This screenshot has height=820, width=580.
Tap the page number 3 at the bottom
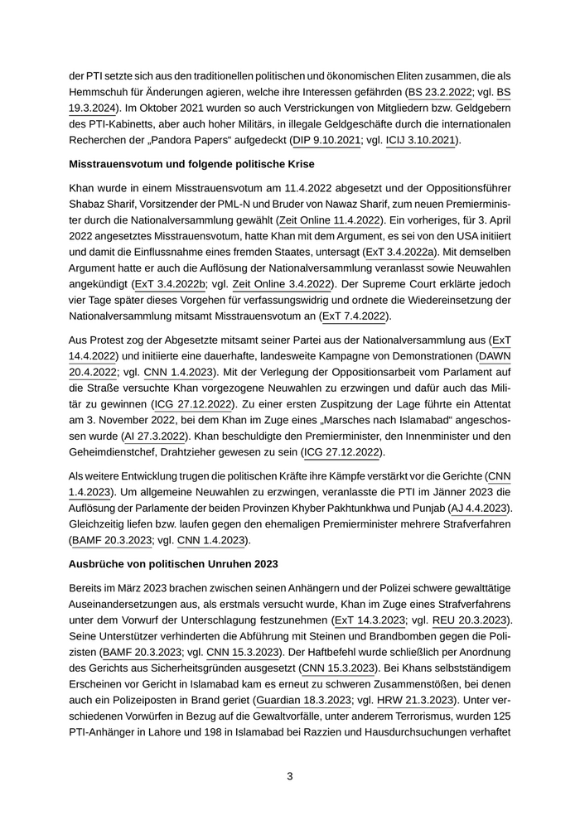click(290, 776)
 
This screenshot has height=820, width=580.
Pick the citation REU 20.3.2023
click(471, 620)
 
